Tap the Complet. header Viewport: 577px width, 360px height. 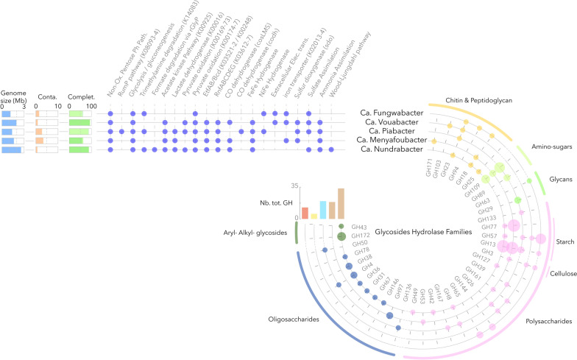(80, 96)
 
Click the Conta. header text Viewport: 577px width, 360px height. (46, 96)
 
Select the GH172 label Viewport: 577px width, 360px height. (360, 236)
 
